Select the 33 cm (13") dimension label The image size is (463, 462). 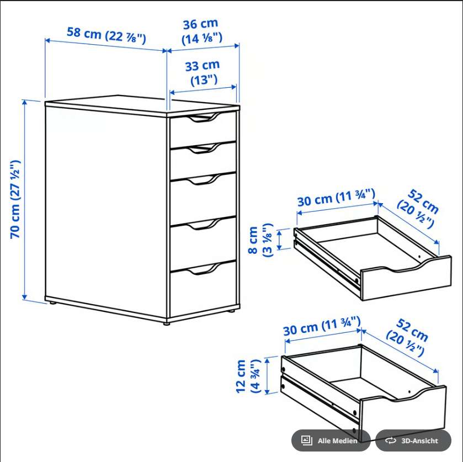tap(203, 73)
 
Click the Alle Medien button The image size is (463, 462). tap(331, 440)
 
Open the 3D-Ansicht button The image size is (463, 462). tap(413, 440)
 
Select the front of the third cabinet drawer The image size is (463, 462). tap(203, 199)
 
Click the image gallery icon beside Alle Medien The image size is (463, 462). tap(306, 440)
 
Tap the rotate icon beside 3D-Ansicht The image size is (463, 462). tap(390, 440)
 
